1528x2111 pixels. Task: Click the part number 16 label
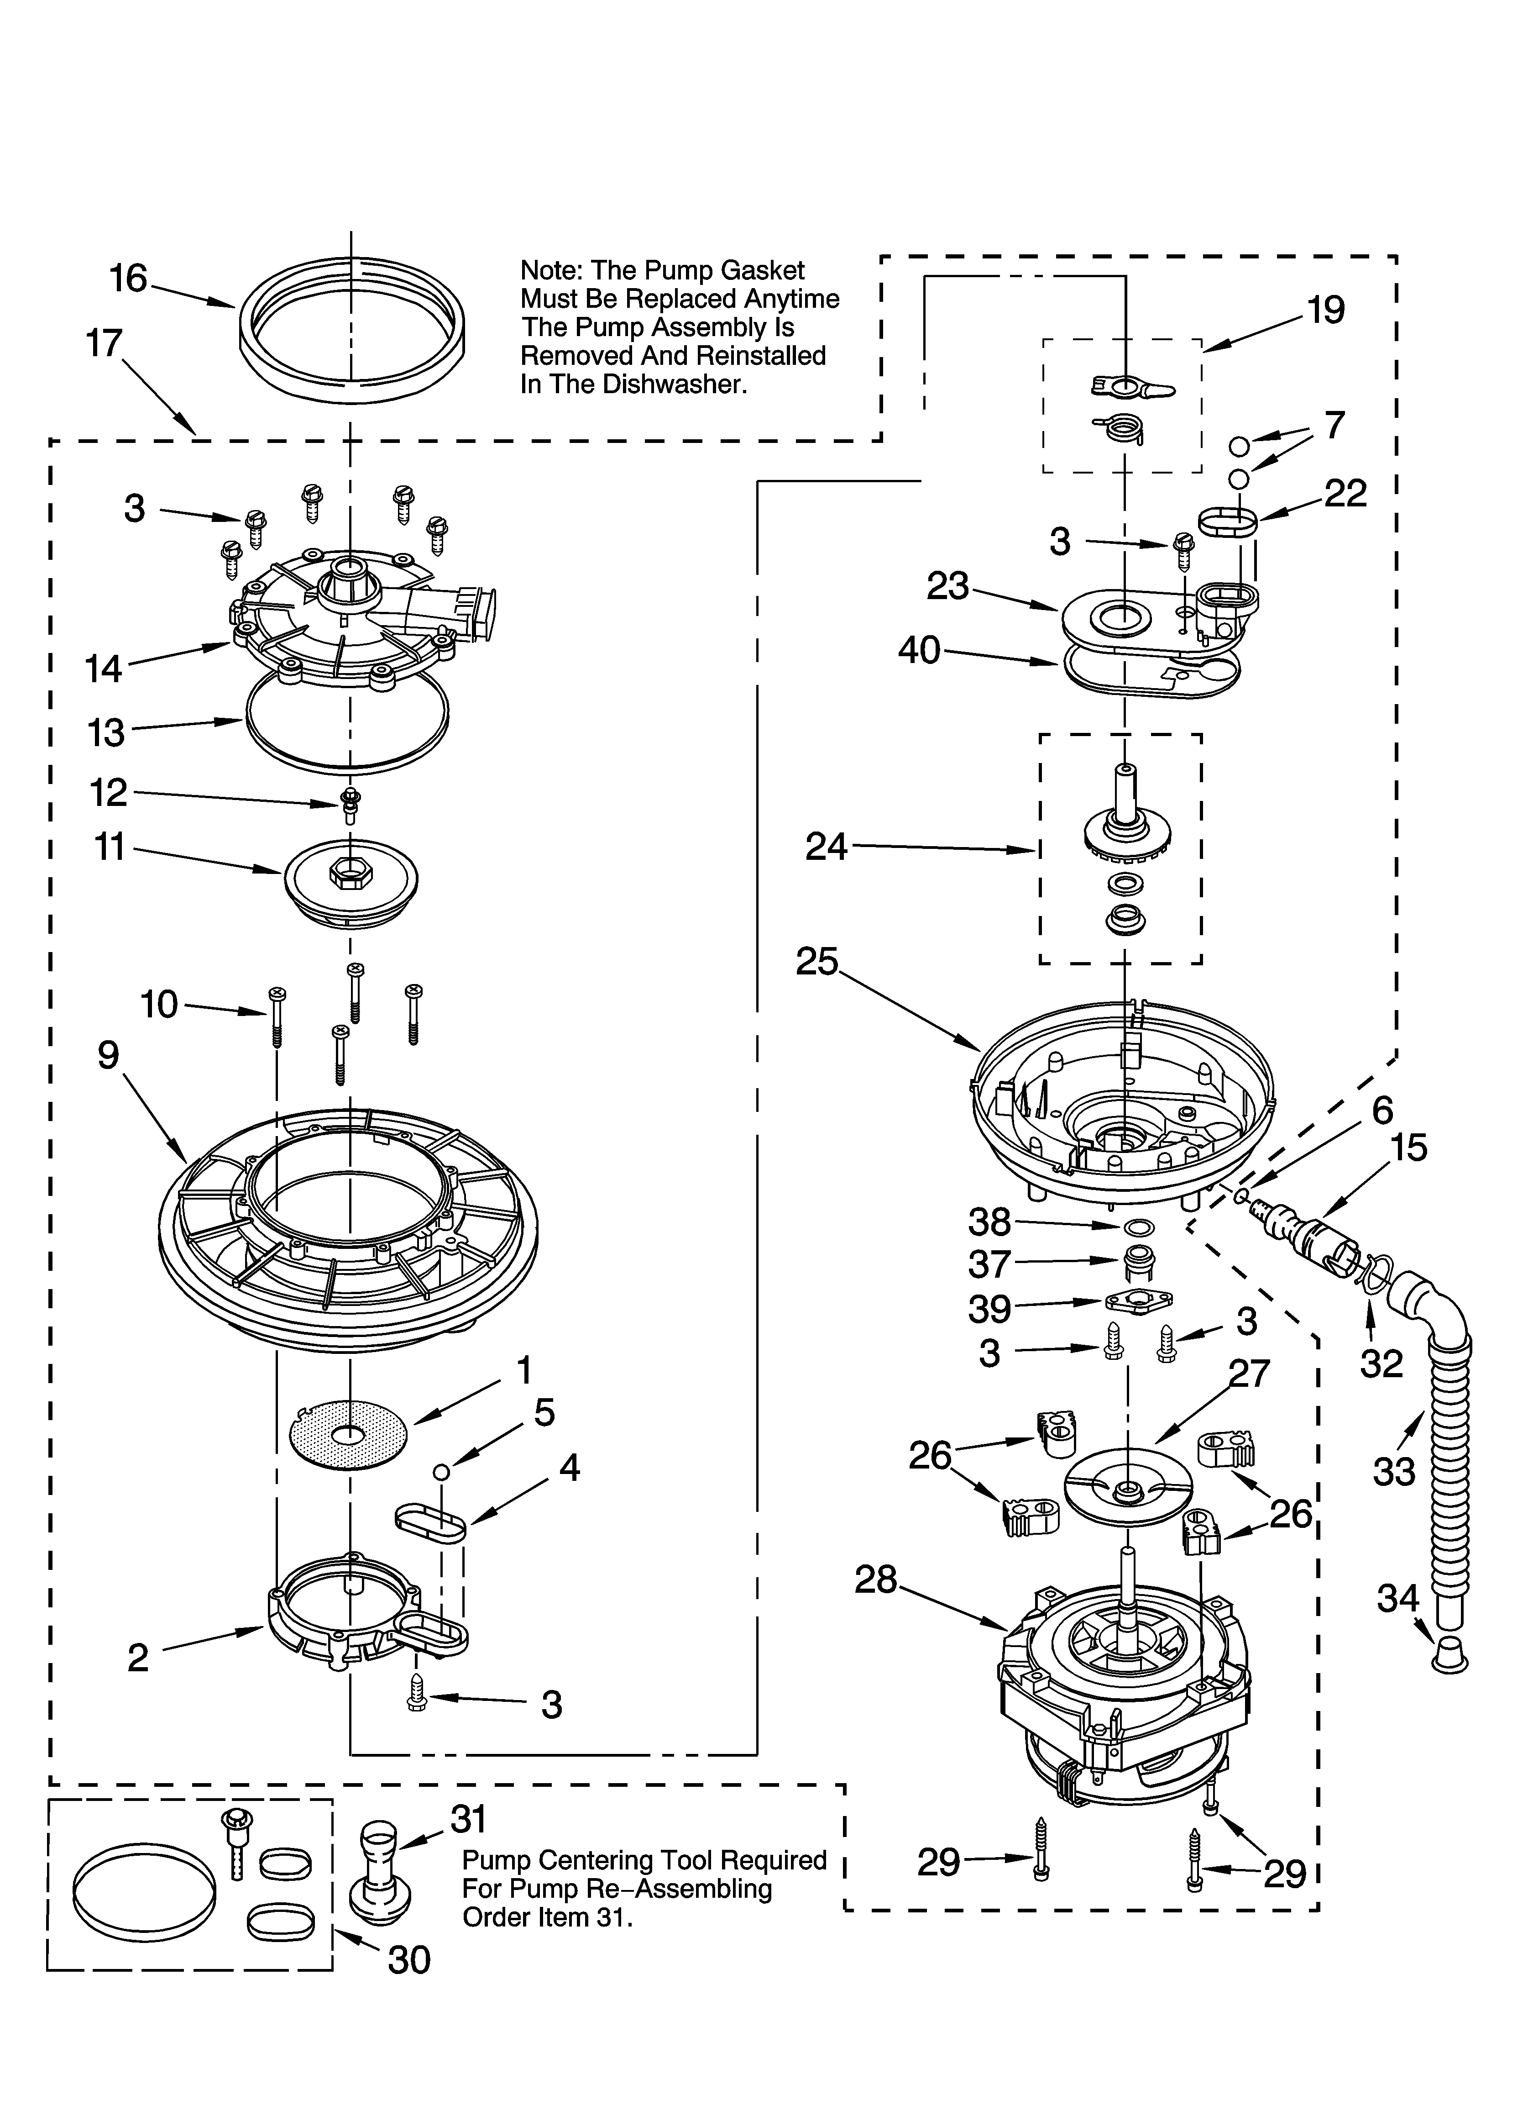pos(128,278)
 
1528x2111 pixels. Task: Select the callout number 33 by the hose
pos(1393,1472)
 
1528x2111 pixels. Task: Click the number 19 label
pos(1325,310)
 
